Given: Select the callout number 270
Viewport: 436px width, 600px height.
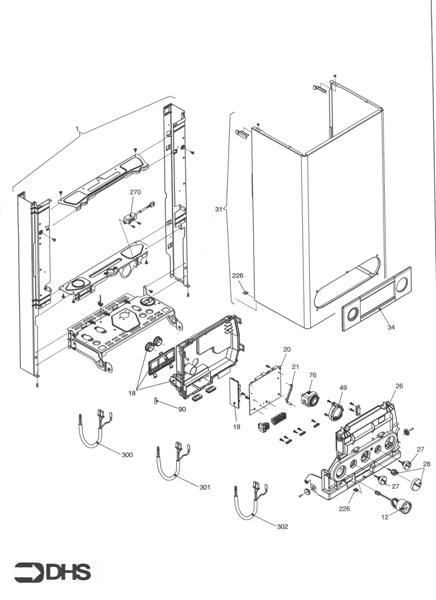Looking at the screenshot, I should pyautogui.click(x=135, y=191).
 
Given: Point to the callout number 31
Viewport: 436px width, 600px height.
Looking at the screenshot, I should pyautogui.click(x=221, y=209).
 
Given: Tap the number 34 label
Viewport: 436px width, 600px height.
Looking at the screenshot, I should pyautogui.click(x=391, y=326).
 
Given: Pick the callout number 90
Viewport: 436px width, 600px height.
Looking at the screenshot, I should pyautogui.click(x=182, y=409).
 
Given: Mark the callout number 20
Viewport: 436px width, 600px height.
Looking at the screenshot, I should pyautogui.click(x=286, y=349).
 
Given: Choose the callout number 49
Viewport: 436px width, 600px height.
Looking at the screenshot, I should pyautogui.click(x=343, y=388).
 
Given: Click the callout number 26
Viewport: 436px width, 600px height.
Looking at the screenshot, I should pyautogui.click(x=399, y=386).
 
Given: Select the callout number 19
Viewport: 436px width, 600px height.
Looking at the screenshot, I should pyautogui.click(x=237, y=427).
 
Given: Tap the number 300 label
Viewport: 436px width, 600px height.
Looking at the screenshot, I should pyautogui.click(x=126, y=455).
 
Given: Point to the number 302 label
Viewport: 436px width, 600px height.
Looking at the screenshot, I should pyautogui.click(x=282, y=525).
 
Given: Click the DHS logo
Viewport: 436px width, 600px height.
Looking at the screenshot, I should pyautogui.click(x=52, y=573).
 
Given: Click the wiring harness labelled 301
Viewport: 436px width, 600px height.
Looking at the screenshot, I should pyautogui.click(x=170, y=465).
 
